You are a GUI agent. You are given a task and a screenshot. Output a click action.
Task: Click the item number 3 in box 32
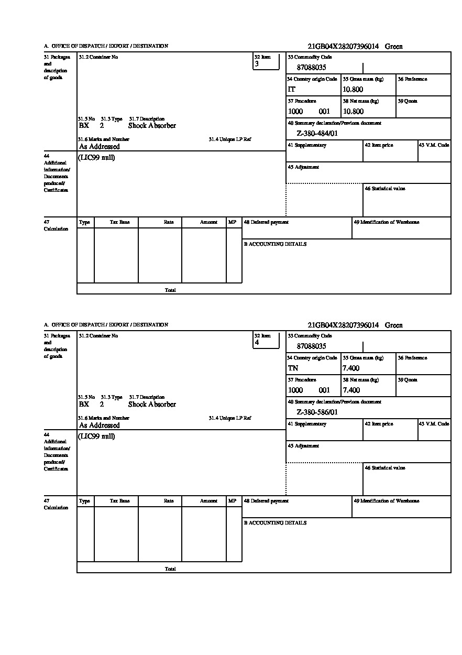click(257, 64)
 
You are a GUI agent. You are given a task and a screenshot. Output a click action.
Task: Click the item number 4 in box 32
click(257, 343)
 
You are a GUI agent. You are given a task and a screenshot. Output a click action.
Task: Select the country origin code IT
click(292, 90)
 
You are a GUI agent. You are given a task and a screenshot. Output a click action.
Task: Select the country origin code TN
click(293, 368)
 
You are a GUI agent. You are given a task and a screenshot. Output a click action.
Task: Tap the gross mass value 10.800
click(353, 90)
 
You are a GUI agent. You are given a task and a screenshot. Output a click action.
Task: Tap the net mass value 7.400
click(351, 390)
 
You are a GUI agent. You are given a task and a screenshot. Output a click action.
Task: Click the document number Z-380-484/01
click(317, 134)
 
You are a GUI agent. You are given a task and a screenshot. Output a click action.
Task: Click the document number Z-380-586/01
click(317, 412)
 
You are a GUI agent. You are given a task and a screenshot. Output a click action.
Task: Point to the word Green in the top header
click(394, 47)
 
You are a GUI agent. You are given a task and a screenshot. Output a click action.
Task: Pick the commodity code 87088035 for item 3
click(312, 68)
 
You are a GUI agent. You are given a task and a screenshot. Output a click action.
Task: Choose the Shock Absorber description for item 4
click(152, 405)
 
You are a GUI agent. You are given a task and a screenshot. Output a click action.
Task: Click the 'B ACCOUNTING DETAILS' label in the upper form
click(275, 244)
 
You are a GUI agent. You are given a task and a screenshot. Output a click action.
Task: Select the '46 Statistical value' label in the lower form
click(385, 467)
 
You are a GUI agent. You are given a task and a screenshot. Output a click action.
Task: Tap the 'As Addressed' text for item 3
click(100, 147)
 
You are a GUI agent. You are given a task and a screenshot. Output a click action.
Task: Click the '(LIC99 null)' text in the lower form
click(97, 436)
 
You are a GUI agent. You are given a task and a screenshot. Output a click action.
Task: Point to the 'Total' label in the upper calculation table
click(170, 290)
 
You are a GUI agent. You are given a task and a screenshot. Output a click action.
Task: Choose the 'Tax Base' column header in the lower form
click(119, 501)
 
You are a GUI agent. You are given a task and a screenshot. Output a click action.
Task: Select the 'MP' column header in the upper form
click(232, 222)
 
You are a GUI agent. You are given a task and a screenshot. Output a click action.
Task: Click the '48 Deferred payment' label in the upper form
click(266, 222)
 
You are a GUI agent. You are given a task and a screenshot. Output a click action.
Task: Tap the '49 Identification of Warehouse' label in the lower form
click(387, 501)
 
